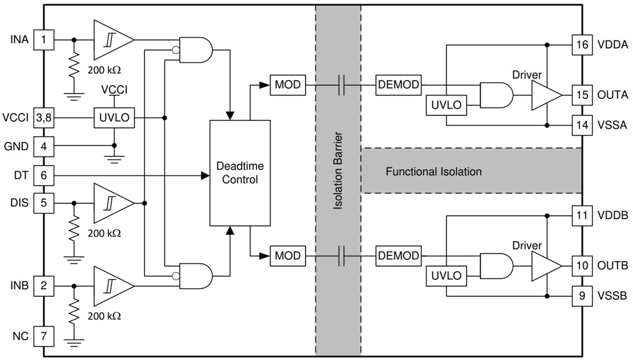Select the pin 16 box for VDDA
pos(582,45)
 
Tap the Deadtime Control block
pos(240,173)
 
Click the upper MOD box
pos(287,85)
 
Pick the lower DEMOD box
pos(398,256)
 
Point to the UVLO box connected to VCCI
pos(115,118)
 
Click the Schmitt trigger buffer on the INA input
pos(111,40)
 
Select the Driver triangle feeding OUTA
pos(544,95)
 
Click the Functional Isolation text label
pos(433,171)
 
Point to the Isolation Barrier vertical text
pos(338,171)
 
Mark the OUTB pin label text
pos(613,266)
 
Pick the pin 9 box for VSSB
pos(582,297)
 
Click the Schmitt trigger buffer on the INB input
pos(111,286)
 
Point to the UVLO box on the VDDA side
pos(447,105)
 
